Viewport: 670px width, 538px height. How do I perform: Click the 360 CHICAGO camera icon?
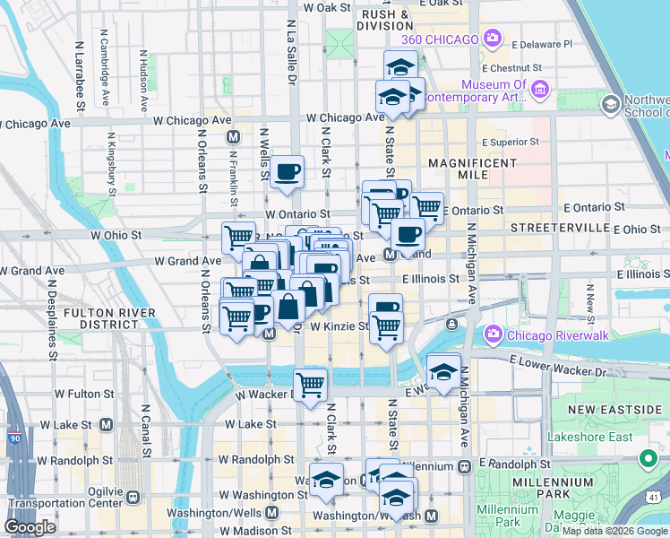(x=491, y=38)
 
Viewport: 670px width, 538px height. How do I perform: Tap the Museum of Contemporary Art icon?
(x=540, y=89)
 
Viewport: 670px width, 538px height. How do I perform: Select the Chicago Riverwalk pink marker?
(x=492, y=334)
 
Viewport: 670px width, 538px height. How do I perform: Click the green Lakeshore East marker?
(x=648, y=461)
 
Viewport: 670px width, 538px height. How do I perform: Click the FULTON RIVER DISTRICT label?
(x=111, y=319)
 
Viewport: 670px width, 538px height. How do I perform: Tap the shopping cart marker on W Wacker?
(x=310, y=386)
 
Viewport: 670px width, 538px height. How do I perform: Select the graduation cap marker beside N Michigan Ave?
(x=442, y=370)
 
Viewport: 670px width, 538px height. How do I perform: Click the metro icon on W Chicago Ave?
(x=233, y=137)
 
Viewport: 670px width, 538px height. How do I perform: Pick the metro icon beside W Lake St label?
(x=107, y=423)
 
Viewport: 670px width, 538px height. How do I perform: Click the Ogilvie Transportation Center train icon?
(x=133, y=496)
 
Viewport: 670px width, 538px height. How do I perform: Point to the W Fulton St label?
(x=84, y=393)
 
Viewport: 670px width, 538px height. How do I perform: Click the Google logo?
(x=30, y=527)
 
